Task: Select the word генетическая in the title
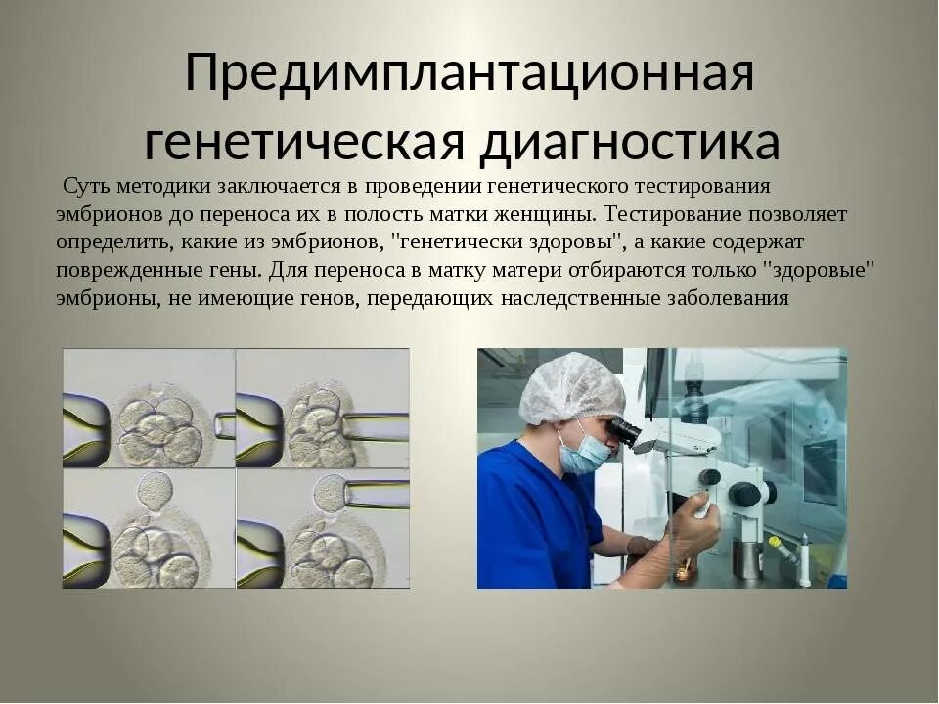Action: click(x=303, y=142)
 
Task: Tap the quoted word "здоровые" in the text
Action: click(x=818, y=270)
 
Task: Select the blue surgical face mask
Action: click(x=582, y=452)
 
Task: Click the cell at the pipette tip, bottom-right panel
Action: click(x=331, y=493)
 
